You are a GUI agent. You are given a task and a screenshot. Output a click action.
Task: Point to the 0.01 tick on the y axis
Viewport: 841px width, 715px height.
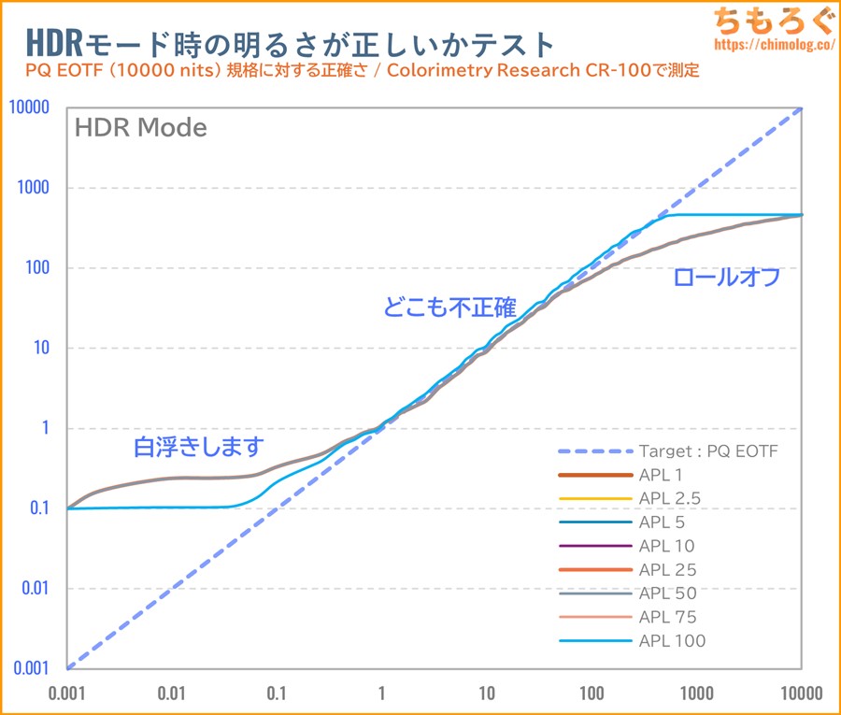tap(32, 589)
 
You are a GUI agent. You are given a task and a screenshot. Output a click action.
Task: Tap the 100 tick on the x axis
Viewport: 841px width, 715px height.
tap(592, 694)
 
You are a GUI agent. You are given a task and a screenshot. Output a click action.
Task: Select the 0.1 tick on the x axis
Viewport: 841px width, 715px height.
tap(276, 694)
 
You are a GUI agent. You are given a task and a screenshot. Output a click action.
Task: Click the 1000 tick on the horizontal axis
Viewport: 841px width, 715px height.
tap(696, 694)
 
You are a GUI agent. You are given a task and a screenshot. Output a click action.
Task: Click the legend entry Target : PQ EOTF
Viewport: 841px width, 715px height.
tap(708, 450)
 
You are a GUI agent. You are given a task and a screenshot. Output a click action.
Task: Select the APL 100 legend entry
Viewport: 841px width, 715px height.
tap(672, 640)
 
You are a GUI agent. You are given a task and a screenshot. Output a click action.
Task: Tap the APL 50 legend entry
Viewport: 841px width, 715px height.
tap(667, 593)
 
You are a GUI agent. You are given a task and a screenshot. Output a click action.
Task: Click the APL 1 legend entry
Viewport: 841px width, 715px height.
tap(663, 475)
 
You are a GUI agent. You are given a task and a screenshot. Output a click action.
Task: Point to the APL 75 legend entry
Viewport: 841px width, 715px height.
tap(667, 617)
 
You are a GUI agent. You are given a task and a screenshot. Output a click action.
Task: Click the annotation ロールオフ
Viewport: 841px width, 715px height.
tap(726, 278)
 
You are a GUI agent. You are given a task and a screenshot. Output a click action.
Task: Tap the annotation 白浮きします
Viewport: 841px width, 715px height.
tap(199, 447)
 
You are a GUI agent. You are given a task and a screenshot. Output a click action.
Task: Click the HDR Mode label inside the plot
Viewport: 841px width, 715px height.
tap(140, 127)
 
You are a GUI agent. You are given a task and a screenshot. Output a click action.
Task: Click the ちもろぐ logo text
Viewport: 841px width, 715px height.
tap(765, 20)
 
